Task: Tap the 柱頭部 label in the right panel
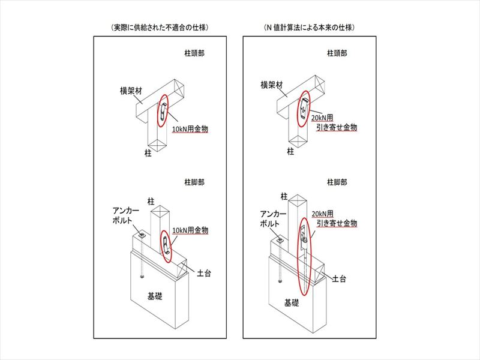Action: pos(338,53)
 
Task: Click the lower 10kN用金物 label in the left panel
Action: pos(190,230)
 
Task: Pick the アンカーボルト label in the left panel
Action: pos(127,216)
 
